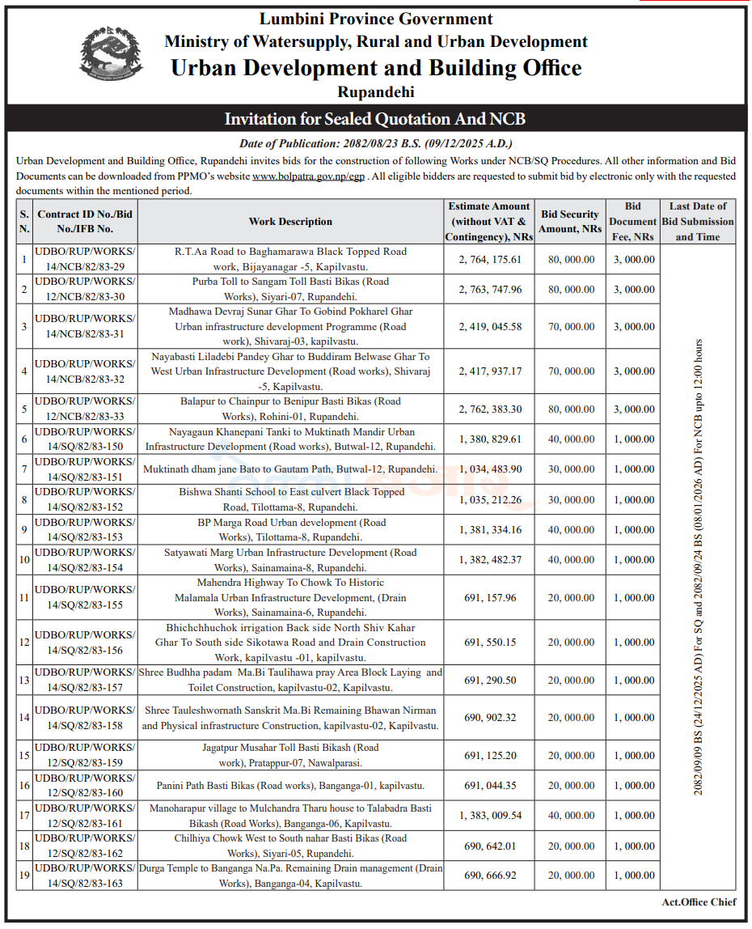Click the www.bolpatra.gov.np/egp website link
[309, 176]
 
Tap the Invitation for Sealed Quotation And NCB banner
[375, 119]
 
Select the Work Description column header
[290, 221]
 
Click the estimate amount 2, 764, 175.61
[490, 260]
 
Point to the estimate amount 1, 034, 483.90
[490, 469]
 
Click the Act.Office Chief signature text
[699, 902]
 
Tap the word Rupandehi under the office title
[375, 91]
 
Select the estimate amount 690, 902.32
[490, 718]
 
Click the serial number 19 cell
[24, 876]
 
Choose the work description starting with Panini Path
[290, 785]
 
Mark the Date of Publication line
[375, 143]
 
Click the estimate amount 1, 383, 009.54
[490, 816]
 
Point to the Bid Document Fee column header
[632, 221]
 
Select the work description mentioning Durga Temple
[290, 876]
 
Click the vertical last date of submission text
[699, 566]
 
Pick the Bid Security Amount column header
[570, 221]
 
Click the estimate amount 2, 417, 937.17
[490, 371]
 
